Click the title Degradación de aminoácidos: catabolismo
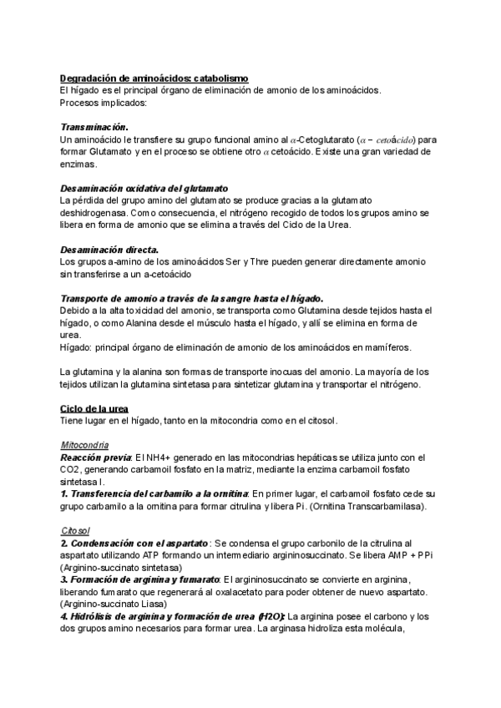(x=154, y=78)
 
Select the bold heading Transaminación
(x=94, y=125)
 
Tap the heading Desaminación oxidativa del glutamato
(x=144, y=188)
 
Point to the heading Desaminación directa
(x=109, y=250)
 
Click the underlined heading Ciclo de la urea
(x=94, y=408)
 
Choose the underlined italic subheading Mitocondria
(x=84, y=444)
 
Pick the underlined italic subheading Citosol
(x=76, y=530)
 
